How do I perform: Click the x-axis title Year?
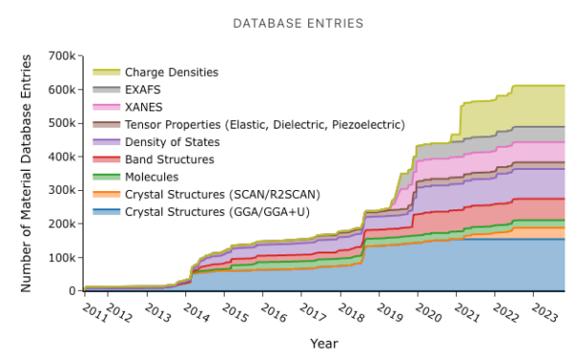(324, 343)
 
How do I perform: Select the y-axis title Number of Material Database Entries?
(26, 173)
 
